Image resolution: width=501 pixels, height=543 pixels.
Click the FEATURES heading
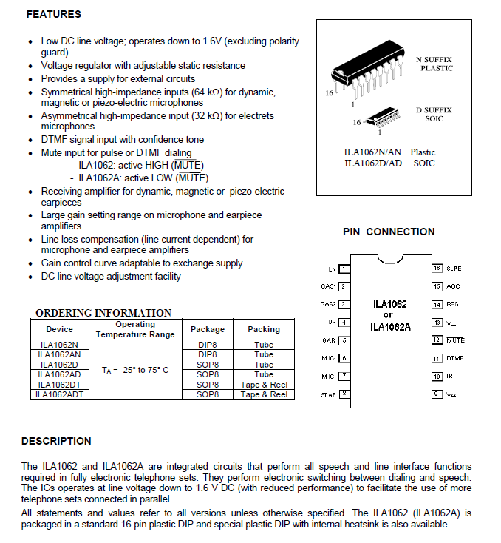point(52,14)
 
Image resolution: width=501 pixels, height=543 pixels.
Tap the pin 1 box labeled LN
point(344,269)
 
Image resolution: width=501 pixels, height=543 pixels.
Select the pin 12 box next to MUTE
point(437,340)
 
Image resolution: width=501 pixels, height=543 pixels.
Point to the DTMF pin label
point(454,358)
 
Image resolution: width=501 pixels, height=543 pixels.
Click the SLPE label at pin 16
point(454,269)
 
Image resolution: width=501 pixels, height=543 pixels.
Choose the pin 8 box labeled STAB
point(344,394)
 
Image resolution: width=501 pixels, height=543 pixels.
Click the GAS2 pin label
point(328,304)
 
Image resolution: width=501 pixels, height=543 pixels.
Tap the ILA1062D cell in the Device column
point(60,365)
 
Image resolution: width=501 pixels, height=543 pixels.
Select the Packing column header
point(264,329)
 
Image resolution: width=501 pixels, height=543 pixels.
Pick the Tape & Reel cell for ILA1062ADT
point(264,394)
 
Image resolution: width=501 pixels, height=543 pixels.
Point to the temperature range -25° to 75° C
point(135,369)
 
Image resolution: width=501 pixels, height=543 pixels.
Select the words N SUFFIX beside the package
point(434,59)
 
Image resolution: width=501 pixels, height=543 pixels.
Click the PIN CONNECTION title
point(389,232)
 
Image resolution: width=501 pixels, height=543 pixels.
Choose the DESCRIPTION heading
point(56,441)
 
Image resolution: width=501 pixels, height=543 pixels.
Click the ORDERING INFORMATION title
point(103,313)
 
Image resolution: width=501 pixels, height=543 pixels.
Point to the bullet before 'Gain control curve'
point(29,264)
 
